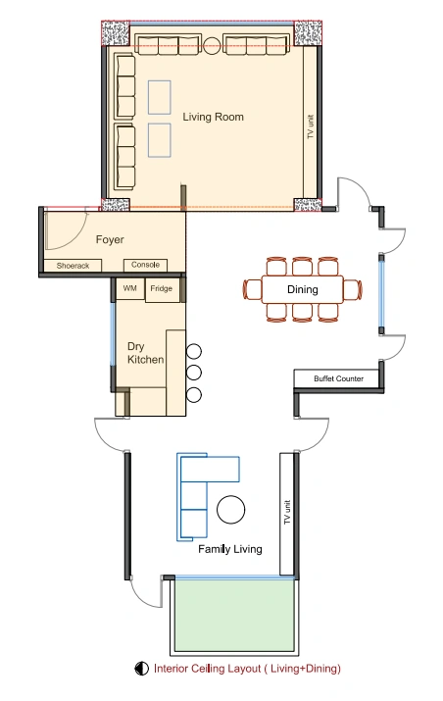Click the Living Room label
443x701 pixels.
point(213,117)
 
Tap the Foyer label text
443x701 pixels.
point(110,239)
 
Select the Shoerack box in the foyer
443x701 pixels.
point(73,266)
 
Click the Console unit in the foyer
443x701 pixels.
point(145,265)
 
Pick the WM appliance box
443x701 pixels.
point(130,289)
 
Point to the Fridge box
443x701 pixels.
point(163,289)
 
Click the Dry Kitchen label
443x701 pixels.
point(145,353)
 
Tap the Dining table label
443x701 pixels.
point(303,289)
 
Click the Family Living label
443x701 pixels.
point(229,549)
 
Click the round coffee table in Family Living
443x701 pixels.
point(230,510)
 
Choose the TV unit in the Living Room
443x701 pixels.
point(311,127)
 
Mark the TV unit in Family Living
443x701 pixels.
point(286,513)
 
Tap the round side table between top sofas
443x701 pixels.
point(212,45)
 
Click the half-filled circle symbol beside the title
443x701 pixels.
point(142,669)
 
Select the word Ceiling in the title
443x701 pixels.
point(208,669)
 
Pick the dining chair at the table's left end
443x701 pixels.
point(252,289)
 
